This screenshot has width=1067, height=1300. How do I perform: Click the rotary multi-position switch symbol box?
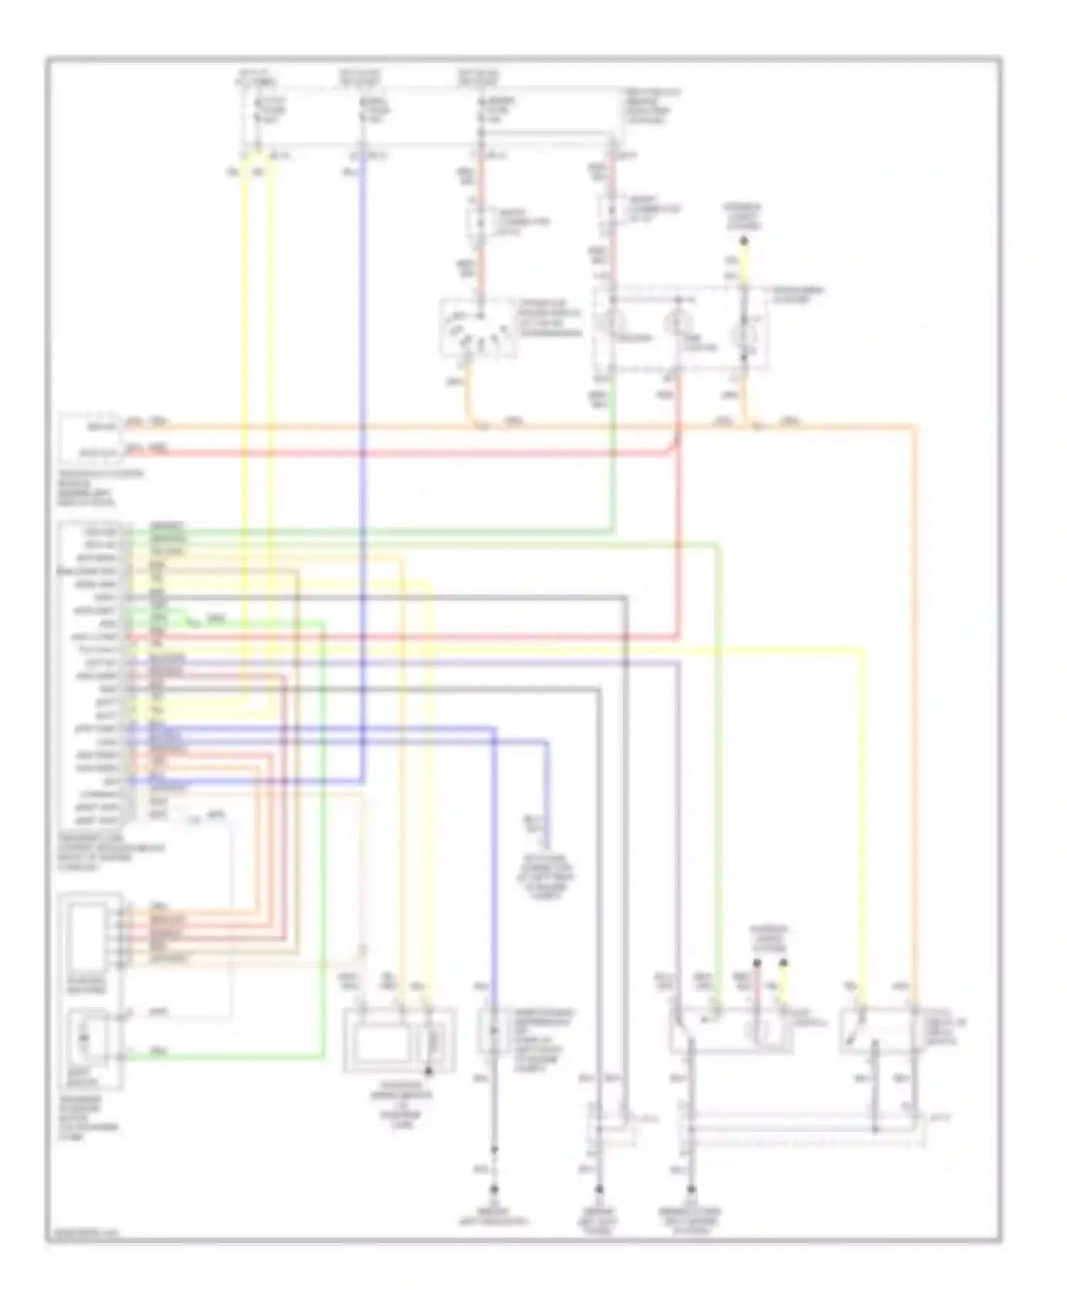(475, 328)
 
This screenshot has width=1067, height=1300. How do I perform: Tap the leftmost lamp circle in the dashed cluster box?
(610, 322)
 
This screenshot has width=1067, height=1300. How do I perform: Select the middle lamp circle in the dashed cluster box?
(676, 324)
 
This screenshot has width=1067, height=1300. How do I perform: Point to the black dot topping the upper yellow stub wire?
(744, 243)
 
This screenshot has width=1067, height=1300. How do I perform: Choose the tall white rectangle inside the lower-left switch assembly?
(87, 937)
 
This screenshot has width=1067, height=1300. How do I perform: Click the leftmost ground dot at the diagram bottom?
(494, 1189)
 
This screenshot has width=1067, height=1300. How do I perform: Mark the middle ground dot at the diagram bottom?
(599, 1189)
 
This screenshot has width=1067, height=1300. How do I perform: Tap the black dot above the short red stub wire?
(757, 964)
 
